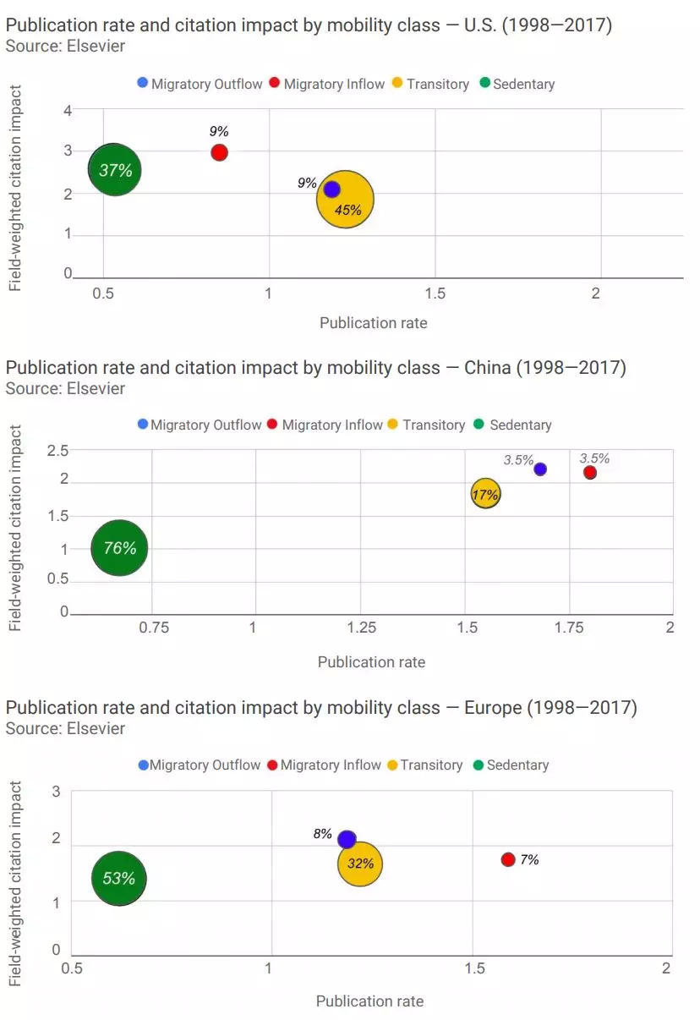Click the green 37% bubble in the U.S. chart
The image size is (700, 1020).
[115, 170]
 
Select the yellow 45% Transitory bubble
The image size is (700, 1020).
[346, 200]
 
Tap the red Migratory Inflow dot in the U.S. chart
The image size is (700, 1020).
[219, 152]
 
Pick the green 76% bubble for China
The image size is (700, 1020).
[120, 548]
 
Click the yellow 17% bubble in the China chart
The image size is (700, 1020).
[485, 495]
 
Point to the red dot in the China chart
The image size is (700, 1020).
[590, 472]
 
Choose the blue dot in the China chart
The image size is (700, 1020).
[540, 469]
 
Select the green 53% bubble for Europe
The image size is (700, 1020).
[119, 878]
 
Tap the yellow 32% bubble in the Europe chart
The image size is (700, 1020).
[360, 864]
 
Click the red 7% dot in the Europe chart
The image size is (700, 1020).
[508, 859]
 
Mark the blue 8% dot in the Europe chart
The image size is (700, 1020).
[347, 839]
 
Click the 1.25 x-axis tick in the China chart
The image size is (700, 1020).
[361, 627]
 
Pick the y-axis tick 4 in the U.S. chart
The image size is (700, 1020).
[68, 110]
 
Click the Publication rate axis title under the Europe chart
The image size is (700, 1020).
[369, 1001]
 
